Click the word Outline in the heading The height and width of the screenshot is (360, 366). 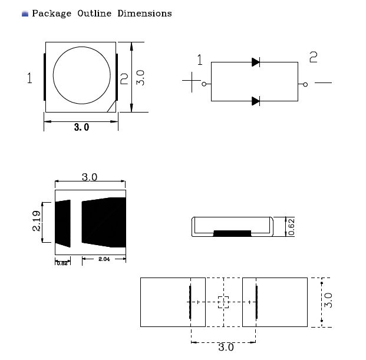[x=94, y=14]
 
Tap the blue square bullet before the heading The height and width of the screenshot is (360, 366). [x=25, y=14]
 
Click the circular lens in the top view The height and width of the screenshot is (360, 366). [x=82, y=47]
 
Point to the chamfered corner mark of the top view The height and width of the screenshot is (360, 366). [x=111, y=107]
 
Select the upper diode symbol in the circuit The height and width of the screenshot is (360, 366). [x=256, y=62]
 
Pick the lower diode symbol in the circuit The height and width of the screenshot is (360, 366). [x=256, y=101]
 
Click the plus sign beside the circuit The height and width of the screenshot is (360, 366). [x=192, y=82]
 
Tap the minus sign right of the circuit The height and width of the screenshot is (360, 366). [x=324, y=82]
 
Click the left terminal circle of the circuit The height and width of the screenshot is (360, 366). [x=204, y=84]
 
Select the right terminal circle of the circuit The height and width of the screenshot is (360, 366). [x=305, y=84]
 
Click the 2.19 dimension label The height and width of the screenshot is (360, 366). [x=36, y=221]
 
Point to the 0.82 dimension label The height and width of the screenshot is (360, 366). [x=62, y=263]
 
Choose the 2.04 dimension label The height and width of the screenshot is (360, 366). [x=104, y=259]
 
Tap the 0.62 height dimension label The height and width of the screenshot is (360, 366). [x=291, y=227]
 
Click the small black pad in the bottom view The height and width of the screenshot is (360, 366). [x=63, y=223]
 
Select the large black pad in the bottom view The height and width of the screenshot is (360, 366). [x=104, y=222]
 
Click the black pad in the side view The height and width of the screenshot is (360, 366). [x=232, y=233]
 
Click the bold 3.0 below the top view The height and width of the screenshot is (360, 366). [x=81, y=127]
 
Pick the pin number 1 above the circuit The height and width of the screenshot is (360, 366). [x=200, y=60]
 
